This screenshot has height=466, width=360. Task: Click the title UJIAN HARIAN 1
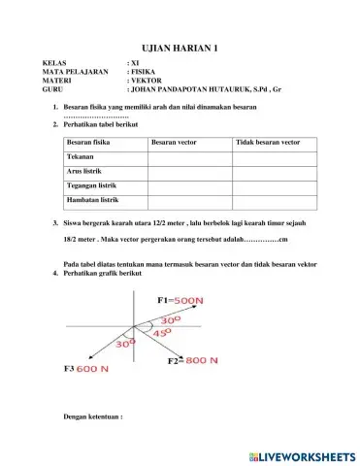tap(180, 47)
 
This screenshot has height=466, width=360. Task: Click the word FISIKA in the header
tap(145, 80)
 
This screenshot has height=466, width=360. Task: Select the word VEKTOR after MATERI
tap(147, 88)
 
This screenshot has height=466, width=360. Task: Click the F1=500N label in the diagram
tap(180, 301)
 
